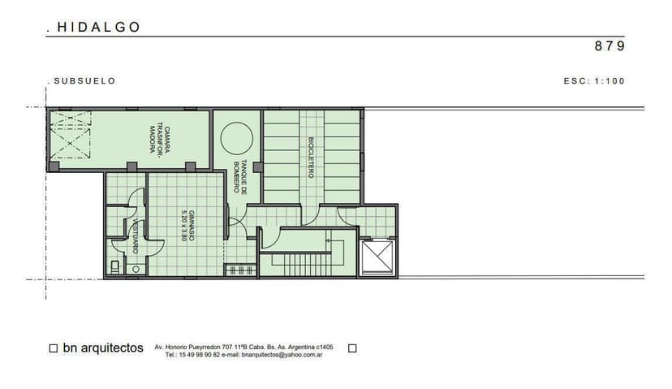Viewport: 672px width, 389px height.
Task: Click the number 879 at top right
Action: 610,46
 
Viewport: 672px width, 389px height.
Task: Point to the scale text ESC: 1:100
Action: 594,81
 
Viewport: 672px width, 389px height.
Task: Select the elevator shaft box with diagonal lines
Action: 377,259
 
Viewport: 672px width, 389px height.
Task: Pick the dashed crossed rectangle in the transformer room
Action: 71,135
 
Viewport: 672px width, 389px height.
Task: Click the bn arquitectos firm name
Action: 103,348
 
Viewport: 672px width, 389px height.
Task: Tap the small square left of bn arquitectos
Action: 54,348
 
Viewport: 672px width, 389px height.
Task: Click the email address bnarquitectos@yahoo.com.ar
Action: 282,355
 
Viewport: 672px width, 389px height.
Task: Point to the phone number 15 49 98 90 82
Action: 198,355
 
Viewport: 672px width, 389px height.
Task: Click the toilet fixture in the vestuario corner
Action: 117,266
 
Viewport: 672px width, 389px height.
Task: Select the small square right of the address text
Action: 352,348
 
